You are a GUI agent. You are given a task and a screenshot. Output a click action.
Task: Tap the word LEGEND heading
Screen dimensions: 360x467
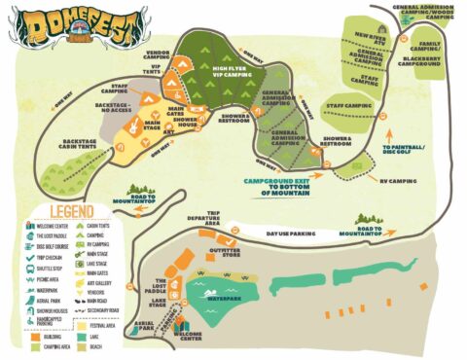tap(59, 210)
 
